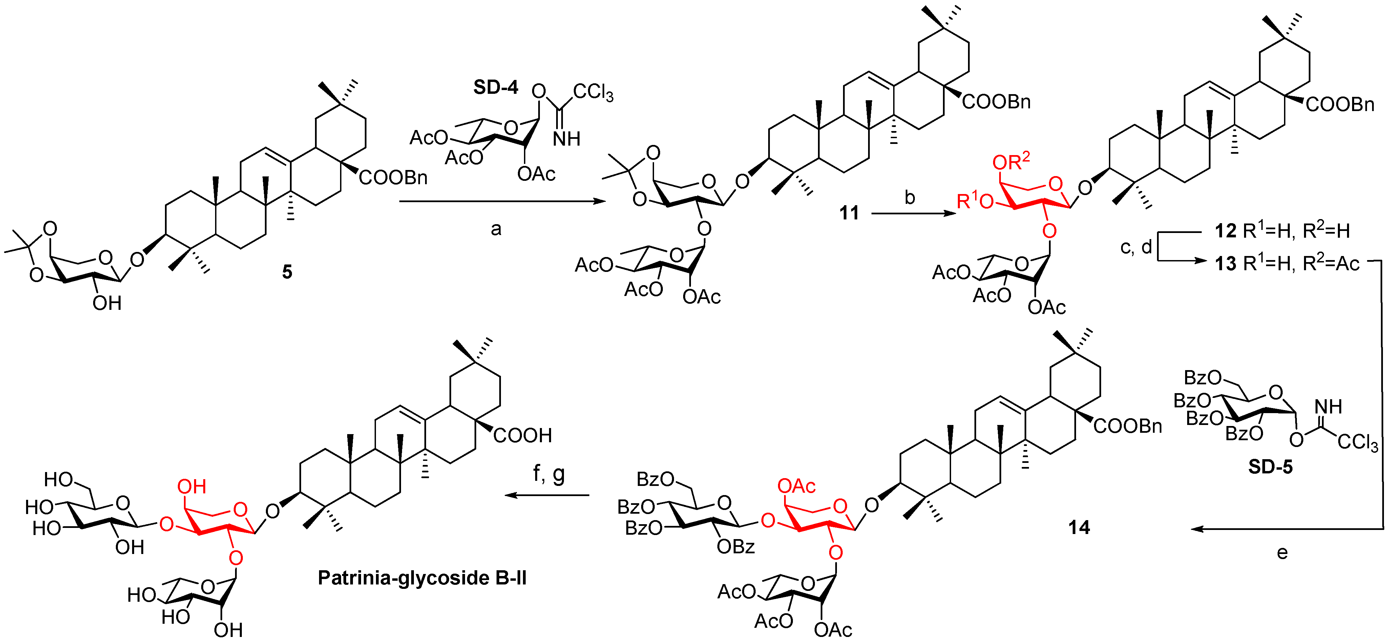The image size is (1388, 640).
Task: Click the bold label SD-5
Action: pos(1270,467)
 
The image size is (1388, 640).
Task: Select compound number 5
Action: pos(287,272)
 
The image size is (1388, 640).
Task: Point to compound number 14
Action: pos(1079,528)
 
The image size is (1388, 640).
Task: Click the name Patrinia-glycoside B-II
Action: pos(422,578)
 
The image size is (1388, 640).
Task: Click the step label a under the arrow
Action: pos(496,230)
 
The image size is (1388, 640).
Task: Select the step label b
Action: pos(909,198)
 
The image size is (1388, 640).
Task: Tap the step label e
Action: pos(1282,553)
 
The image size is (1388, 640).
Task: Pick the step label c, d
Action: pos(1136,247)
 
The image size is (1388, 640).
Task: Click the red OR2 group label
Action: pos(1011,161)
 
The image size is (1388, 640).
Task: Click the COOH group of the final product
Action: pos(522,435)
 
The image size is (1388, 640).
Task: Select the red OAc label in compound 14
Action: pos(796,487)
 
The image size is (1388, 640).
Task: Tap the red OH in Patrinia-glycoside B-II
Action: pos(192,487)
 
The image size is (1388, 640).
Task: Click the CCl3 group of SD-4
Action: pos(593,93)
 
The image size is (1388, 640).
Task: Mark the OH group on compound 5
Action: pos(107,304)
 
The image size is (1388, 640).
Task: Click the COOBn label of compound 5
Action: pos(393,178)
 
